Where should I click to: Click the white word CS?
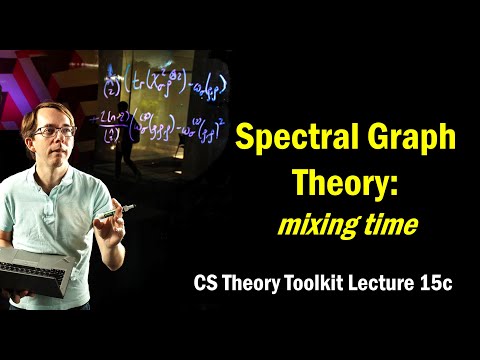tap(206, 284)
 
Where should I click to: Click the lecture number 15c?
tap(433, 284)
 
